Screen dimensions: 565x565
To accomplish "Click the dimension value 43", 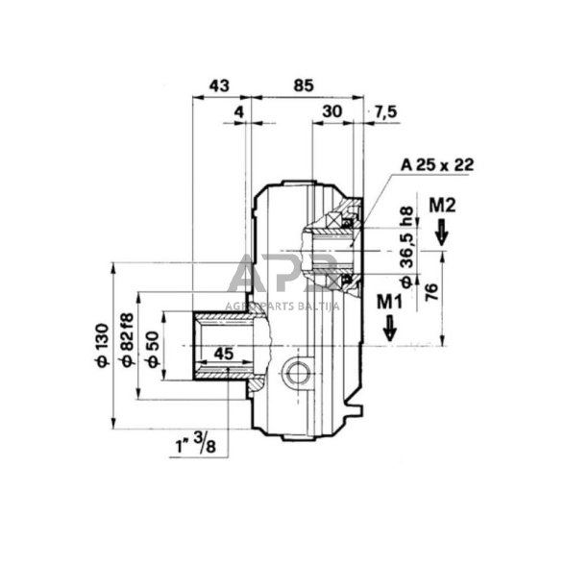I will coord(218,86).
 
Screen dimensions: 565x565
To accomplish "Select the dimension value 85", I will coord(305,86).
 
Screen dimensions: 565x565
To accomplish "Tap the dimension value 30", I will coord(332,111).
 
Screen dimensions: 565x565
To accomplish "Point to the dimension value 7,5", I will coord(387,111).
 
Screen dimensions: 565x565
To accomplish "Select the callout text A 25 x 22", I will coord(437,164).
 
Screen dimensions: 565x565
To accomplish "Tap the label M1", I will coord(388,300).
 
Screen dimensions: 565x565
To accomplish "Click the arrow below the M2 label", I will coord(442,232).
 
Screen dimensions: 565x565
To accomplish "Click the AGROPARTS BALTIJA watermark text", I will coord(282,306).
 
